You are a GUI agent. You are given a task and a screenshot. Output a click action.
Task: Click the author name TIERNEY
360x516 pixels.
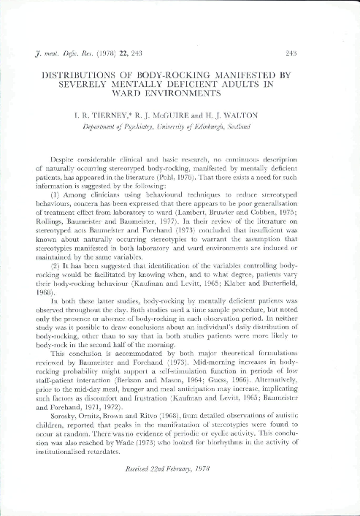tap(123, 114)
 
